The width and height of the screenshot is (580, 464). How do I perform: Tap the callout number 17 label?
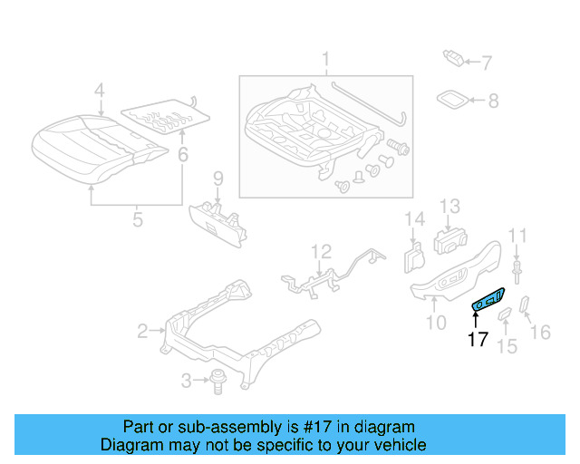pyautogui.click(x=478, y=340)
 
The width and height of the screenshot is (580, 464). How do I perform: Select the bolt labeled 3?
pyautogui.click(x=217, y=381)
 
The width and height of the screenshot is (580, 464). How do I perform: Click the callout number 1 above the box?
pyautogui.click(x=324, y=62)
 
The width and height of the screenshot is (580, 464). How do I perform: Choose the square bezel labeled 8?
pyautogui.click(x=453, y=100)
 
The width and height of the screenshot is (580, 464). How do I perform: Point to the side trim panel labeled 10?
pyautogui.click(x=453, y=272)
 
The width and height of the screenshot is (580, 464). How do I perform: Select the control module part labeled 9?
pyautogui.click(x=219, y=219)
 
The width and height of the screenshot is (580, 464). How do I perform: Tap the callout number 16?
pyautogui.click(x=540, y=333)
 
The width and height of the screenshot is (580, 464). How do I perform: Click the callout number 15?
pyautogui.click(x=507, y=345)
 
